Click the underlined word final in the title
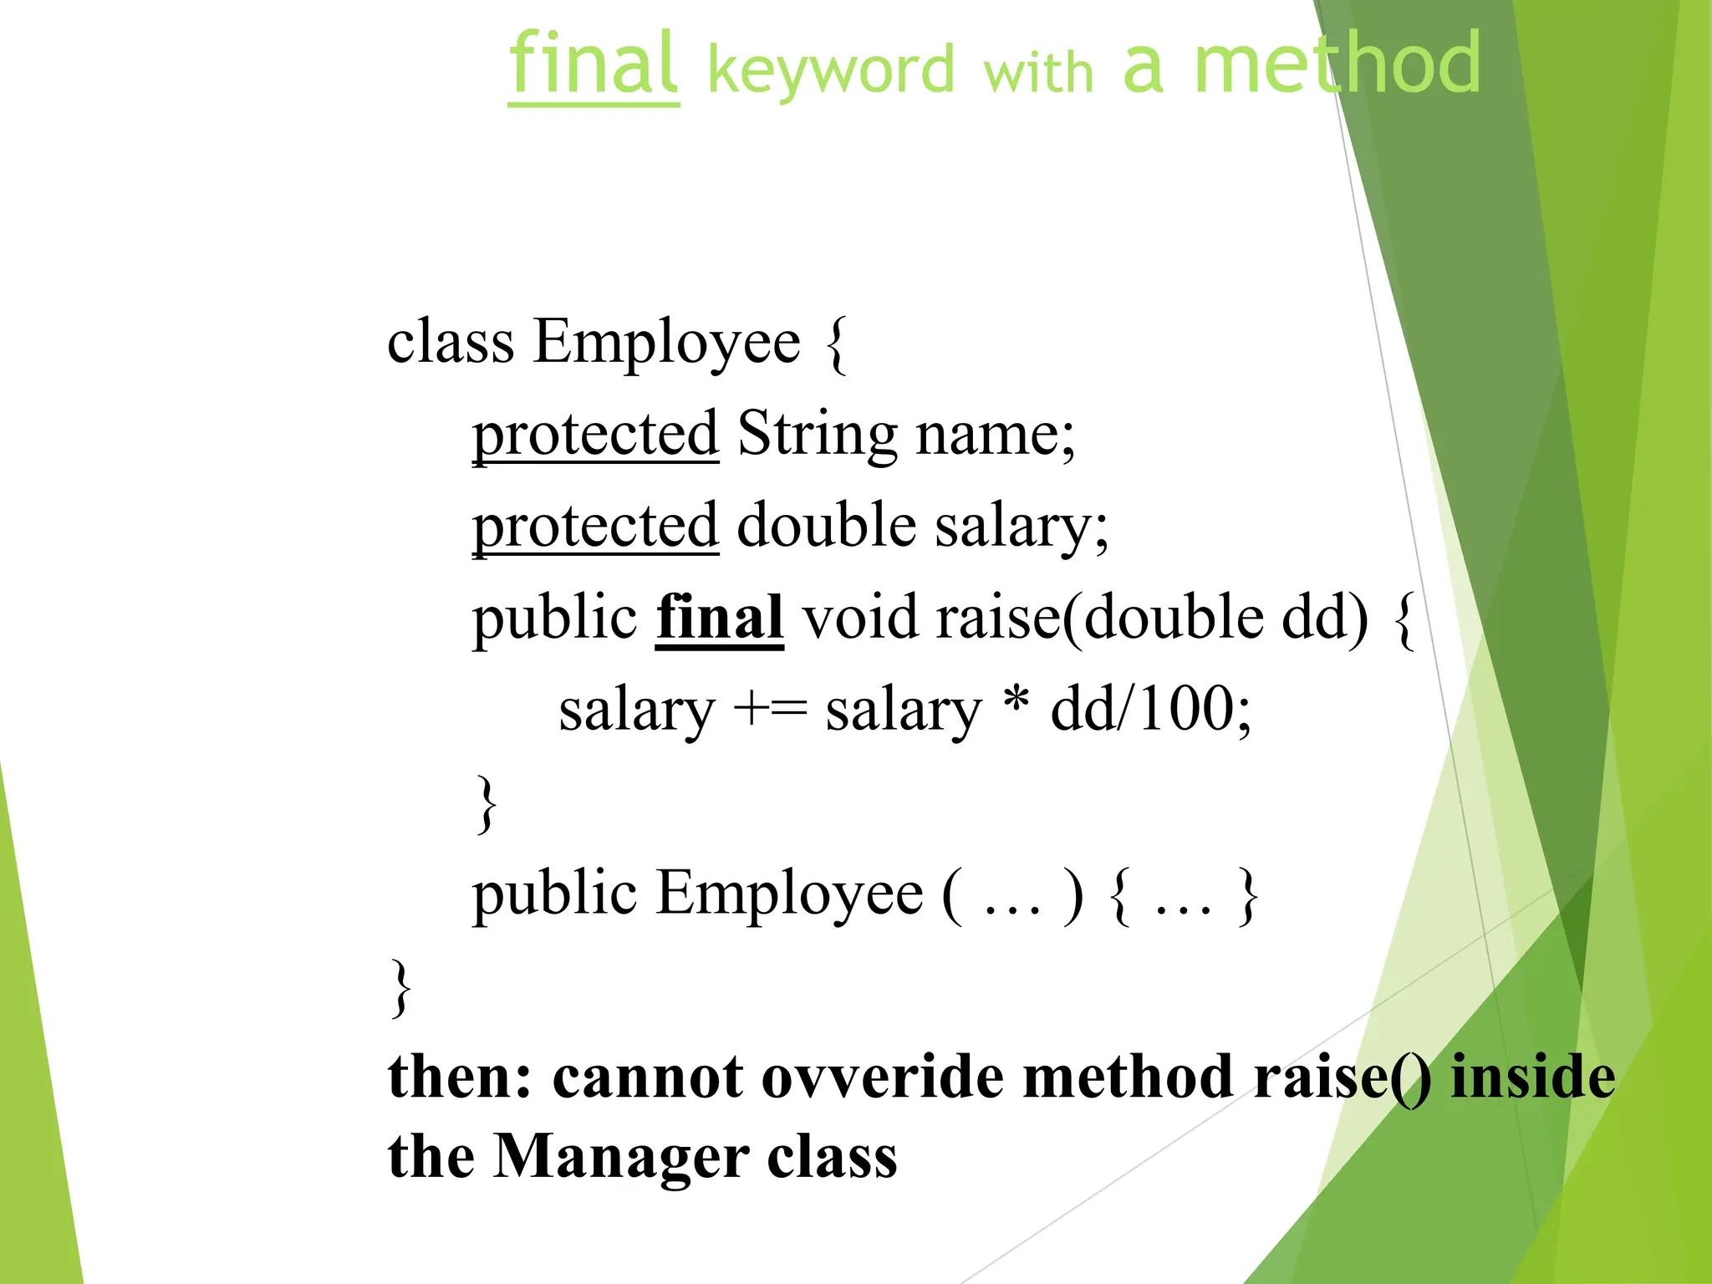pos(594,65)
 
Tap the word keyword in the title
pos(831,70)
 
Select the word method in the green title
pos(1337,64)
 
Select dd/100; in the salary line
pos(1151,711)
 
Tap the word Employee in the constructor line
pos(789,894)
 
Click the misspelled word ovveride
pos(882,1077)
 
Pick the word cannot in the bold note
pos(647,1077)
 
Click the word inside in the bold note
pos(1532,1077)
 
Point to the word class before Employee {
pos(451,343)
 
